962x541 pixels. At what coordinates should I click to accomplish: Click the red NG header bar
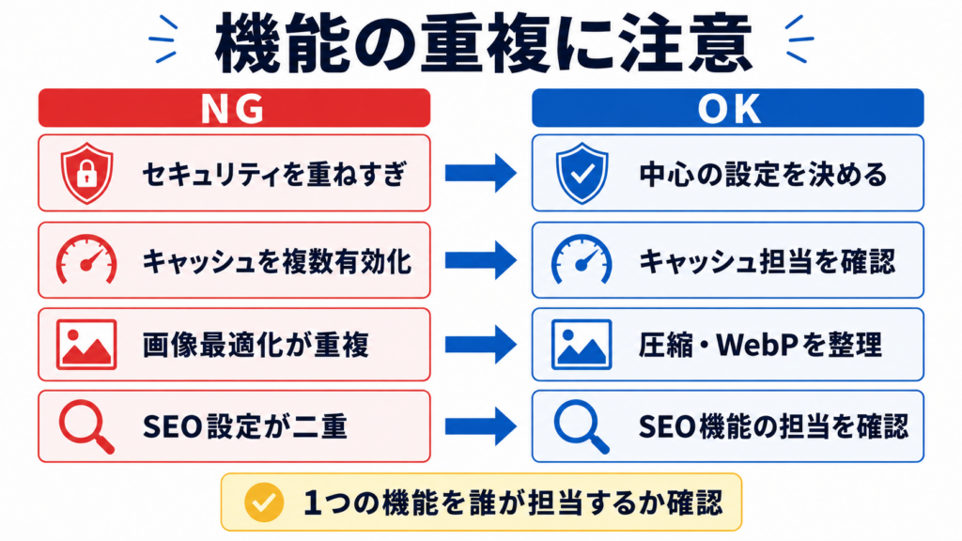(x=234, y=108)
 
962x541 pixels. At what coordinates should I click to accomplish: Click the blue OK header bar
(x=728, y=108)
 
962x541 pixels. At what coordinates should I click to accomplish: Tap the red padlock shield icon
(x=86, y=174)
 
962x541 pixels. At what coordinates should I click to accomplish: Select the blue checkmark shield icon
(x=582, y=174)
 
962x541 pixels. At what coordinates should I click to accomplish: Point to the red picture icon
(x=86, y=345)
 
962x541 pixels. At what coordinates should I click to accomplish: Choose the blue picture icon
(x=582, y=345)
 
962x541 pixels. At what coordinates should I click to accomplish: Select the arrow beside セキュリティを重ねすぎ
(x=481, y=174)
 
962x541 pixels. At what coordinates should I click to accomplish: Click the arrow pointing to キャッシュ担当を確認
(x=481, y=260)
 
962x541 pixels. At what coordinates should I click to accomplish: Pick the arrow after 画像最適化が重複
(x=481, y=345)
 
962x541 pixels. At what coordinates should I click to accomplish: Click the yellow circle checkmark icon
(x=264, y=502)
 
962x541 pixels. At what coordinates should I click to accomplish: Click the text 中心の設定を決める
(x=763, y=174)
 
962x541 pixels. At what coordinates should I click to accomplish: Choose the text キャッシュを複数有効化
(x=277, y=261)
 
